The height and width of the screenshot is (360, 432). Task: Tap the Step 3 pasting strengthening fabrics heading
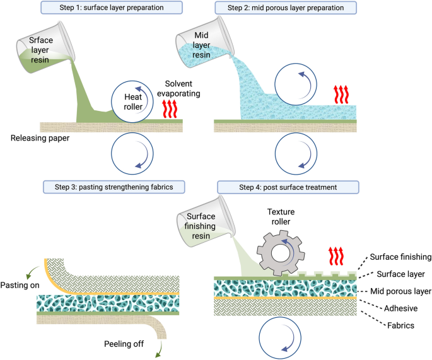click(109, 187)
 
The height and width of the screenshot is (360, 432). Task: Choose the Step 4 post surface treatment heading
click(287, 187)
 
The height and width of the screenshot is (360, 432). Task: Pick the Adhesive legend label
click(401, 308)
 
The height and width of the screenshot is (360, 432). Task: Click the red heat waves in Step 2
click(343, 95)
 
